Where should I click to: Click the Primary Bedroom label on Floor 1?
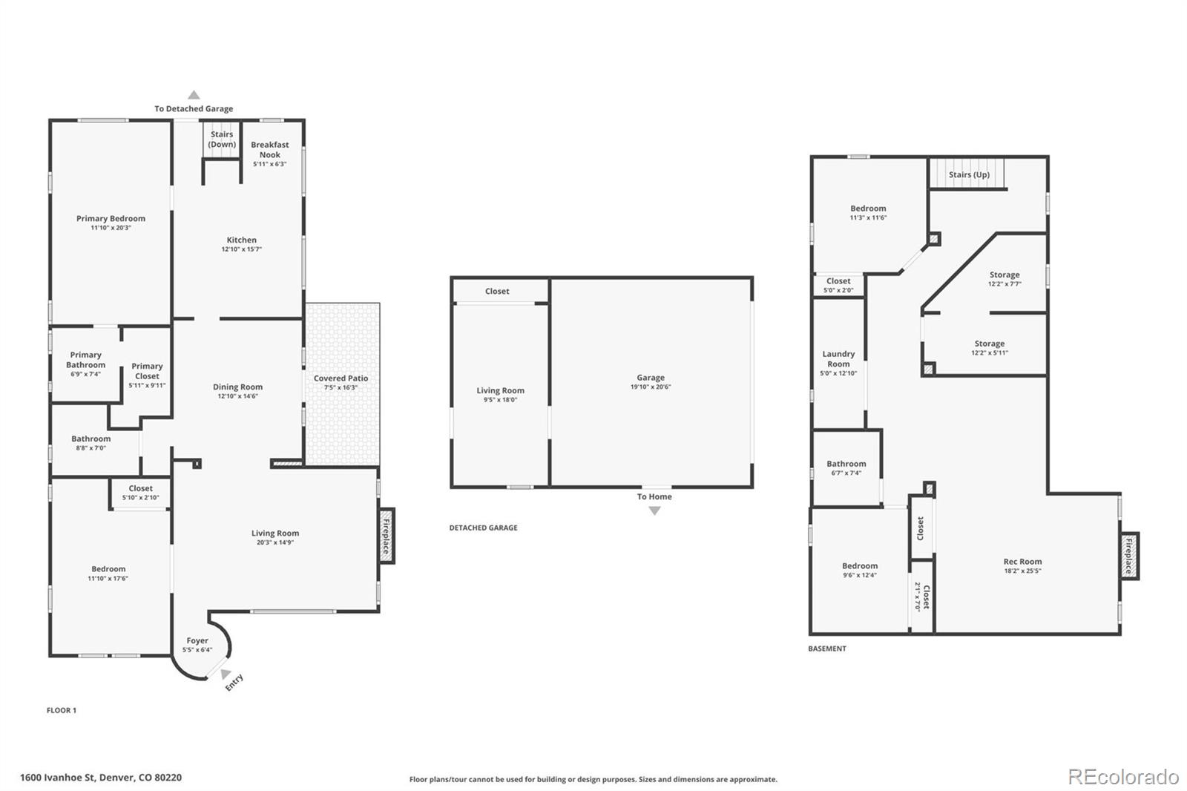[x=111, y=218]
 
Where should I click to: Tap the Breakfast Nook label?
[x=269, y=150]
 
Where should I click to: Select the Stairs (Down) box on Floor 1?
[x=221, y=139]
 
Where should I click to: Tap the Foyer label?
[x=197, y=640]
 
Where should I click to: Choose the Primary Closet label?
[x=147, y=371]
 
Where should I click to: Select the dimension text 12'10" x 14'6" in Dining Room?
[x=237, y=396]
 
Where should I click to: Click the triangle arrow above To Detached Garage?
[x=194, y=95]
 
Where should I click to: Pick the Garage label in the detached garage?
[x=651, y=378]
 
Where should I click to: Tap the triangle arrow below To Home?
[x=654, y=511]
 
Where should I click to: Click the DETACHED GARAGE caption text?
[x=483, y=528]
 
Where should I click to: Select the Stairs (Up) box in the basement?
[x=969, y=175]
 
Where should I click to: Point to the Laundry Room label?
[x=838, y=359]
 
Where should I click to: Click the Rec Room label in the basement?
[x=1022, y=562]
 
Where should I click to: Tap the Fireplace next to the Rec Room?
[x=1129, y=556]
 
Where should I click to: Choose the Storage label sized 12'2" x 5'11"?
[x=990, y=344]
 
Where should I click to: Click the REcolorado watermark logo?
[x=1123, y=776]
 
